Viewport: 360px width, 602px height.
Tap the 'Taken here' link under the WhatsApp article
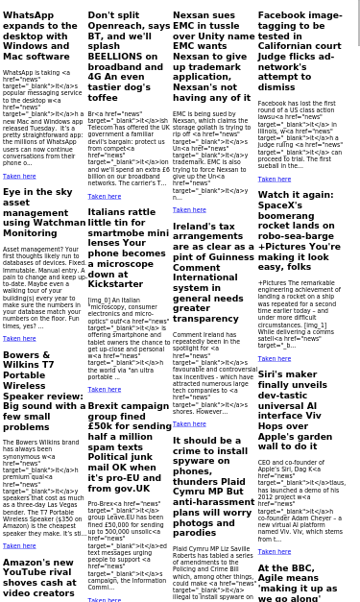[19, 177]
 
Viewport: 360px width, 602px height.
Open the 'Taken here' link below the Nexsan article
[189, 209]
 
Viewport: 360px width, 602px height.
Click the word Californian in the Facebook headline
[286, 46]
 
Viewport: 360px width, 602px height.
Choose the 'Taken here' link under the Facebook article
[274, 179]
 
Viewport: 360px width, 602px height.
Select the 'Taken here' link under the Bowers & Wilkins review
[19, 545]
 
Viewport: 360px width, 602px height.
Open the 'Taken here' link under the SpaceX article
[274, 358]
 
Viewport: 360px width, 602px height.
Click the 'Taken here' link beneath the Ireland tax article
[189, 423]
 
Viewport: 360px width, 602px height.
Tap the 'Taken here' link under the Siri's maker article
[274, 551]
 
